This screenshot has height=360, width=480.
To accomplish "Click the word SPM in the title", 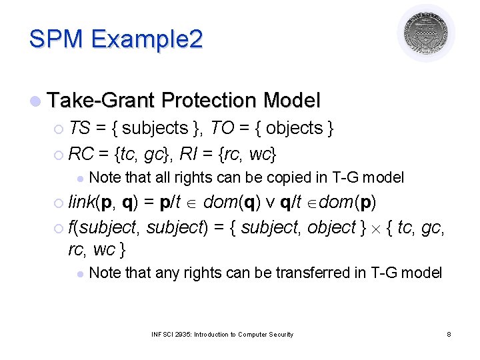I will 56,39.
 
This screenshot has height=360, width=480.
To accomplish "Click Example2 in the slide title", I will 146,39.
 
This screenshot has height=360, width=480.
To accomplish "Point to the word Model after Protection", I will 291,101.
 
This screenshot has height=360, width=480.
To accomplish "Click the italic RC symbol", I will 81,154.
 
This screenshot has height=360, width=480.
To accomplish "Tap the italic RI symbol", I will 204,154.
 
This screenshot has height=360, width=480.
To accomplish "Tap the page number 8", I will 449,334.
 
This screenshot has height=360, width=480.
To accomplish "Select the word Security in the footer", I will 279,334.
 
